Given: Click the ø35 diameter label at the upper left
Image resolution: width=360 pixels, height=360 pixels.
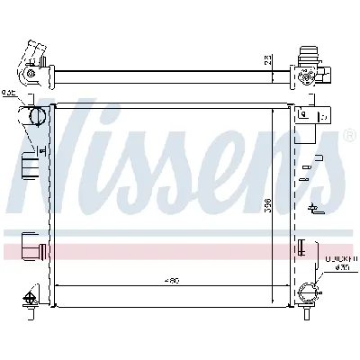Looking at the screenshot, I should tap(10, 91).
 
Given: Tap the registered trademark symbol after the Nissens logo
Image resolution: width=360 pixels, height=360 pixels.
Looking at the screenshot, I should tap(349, 136).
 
